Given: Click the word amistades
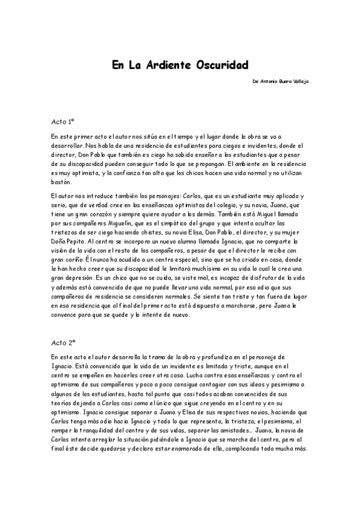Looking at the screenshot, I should tap(234, 425).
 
